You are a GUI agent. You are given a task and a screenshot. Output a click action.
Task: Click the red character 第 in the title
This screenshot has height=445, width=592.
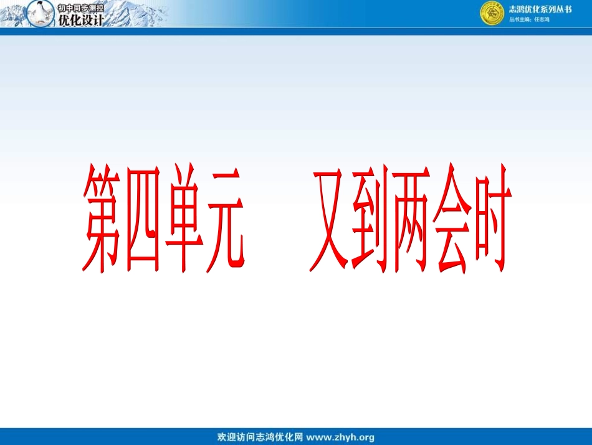coord(103,218)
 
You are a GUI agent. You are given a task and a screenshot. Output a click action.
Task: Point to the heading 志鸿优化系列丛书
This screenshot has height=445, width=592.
coord(540,9)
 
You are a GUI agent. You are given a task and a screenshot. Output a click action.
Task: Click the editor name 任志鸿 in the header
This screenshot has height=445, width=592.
coord(542,20)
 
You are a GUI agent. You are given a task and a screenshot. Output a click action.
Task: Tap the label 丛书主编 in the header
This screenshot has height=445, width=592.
coord(520,20)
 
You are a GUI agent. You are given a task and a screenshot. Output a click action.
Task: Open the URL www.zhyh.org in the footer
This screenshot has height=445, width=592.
coord(340,437)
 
